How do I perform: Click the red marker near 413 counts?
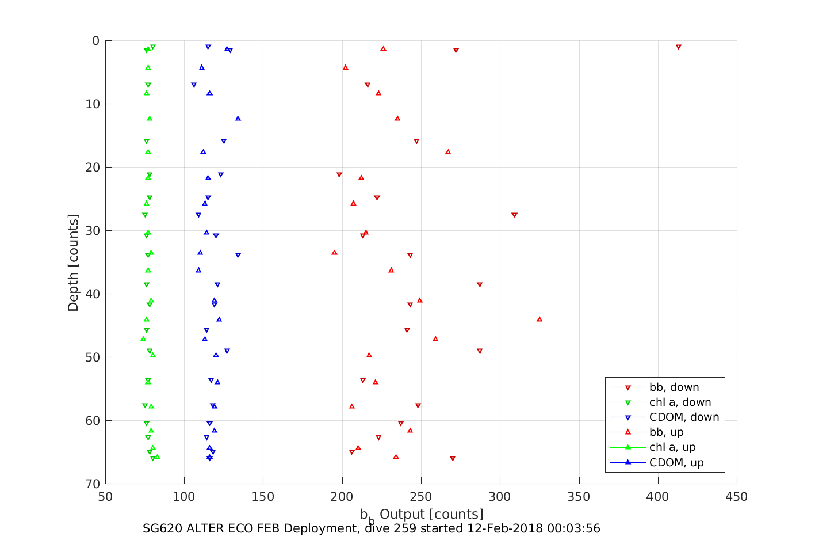coord(679,47)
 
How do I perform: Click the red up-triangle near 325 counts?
coord(539,319)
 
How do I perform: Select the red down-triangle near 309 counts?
coord(514,215)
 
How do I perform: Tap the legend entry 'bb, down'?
coord(674,387)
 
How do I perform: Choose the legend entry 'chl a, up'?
coord(672,447)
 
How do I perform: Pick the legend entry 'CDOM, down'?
coord(684,417)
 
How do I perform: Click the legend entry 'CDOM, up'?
coord(676,462)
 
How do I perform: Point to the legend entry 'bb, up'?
coord(666,432)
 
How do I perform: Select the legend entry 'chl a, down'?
coord(680,402)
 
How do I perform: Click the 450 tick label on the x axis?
coord(737,497)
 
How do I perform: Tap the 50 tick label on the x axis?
coord(105,497)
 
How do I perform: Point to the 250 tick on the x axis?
coord(421,497)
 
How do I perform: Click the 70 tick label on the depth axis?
coord(92,484)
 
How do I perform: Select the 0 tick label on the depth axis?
coord(95,41)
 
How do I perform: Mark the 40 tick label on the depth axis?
coord(92,294)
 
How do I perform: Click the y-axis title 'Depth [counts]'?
coord(73,263)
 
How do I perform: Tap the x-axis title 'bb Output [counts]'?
coord(422,514)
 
